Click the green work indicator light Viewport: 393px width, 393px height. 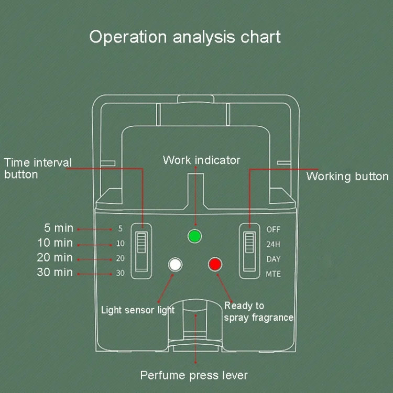tap(195, 236)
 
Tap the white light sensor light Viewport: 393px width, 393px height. tap(175, 265)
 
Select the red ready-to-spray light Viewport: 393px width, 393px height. tap(215, 265)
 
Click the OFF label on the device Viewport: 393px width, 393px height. tap(274, 230)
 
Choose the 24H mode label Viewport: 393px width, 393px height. tap(274, 244)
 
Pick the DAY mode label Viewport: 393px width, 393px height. tap(274, 259)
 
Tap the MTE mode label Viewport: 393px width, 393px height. tap(274, 274)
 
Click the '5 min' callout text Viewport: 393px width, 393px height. tap(59, 228)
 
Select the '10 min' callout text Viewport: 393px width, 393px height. tap(56, 243)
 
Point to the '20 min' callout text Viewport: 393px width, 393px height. tap(56, 258)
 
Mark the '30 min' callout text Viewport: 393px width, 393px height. tap(56, 272)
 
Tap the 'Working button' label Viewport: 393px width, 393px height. tap(347, 177)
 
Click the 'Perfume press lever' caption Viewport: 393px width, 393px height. tap(194, 375)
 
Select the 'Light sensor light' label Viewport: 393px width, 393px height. tap(138, 310)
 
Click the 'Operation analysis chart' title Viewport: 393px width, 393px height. tap(185, 37)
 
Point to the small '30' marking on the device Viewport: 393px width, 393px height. tap(121, 273)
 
